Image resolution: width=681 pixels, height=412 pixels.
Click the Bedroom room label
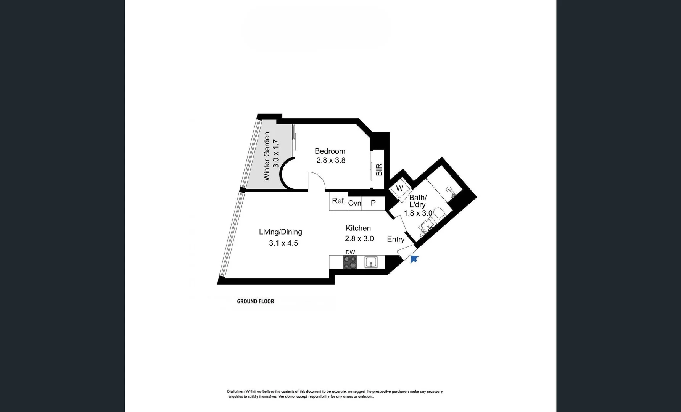(x=330, y=151)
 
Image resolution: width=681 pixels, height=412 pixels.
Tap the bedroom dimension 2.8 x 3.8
(x=331, y=160)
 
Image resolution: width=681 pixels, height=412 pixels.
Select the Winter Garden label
(x=267, y=156)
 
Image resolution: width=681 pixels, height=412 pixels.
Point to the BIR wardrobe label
(x=379, y=170)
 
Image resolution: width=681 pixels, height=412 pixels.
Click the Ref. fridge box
(x=338, y=201)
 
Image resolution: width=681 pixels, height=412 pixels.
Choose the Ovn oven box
(x=354, y=203)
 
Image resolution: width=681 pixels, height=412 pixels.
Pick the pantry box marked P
(x=373, y=203)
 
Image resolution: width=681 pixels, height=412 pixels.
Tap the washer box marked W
(x=399, y=188)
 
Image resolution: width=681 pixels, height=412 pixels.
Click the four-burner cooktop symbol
(x=350, y=262)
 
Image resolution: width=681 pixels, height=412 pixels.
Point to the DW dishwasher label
(x=350, y=252)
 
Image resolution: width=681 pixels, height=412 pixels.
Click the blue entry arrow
(x=414, y=259)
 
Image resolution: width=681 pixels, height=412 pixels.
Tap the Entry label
(x=396, y=239)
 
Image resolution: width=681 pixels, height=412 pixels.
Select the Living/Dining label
(x=280, y=232)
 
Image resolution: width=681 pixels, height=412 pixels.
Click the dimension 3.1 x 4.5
(x=283, y=243)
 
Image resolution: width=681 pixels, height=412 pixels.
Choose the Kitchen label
(x=358, y=228)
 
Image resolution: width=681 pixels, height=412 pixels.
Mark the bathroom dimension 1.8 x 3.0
(x=418, y=213)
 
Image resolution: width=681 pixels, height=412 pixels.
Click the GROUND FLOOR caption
(x=256, y=301)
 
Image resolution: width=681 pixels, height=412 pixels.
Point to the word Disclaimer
(x=236, y=391)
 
